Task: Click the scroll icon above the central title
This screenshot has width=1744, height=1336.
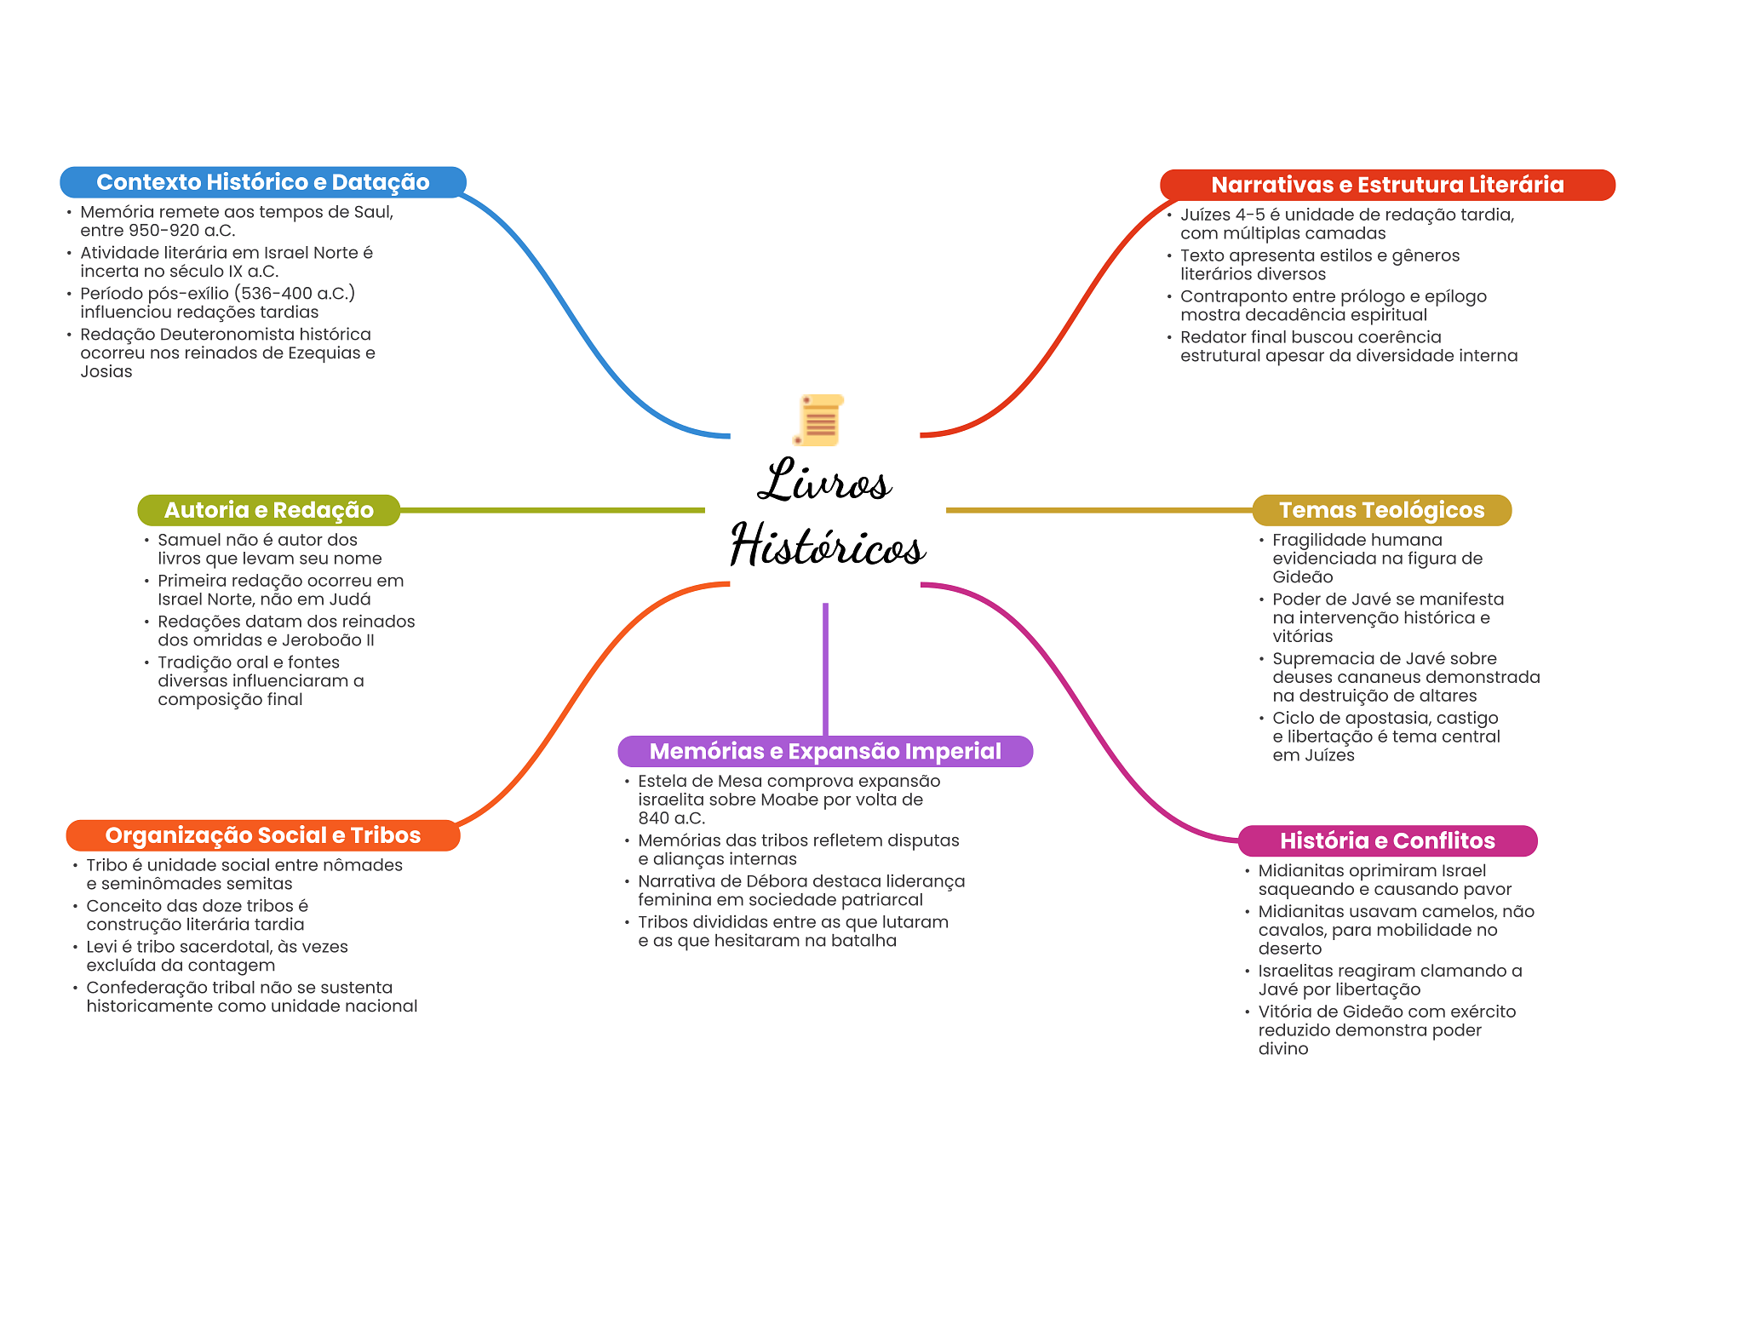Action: [819, 420]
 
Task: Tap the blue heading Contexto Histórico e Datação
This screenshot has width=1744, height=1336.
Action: [263, 182]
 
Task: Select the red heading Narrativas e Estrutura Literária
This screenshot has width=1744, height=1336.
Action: [1387, 185]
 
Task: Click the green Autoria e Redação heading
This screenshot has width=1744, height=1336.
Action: [268, 510]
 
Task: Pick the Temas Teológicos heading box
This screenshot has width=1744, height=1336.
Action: [1381, 510]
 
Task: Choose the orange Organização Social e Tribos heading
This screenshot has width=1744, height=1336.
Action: [263, 835]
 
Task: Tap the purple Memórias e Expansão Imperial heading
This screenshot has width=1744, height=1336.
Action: [825, 751]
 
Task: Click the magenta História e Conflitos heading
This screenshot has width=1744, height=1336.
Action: [1387, 840]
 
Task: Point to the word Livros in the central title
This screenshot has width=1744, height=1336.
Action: [824, 481]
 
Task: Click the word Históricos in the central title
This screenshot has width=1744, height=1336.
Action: [828, 545]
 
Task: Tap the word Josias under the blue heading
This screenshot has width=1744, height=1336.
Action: [106, 372]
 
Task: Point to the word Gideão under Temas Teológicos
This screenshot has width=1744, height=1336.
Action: [1303, 577]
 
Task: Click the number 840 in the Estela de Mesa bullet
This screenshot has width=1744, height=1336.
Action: [654, 818]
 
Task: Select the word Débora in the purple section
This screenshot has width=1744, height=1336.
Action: [773, 881]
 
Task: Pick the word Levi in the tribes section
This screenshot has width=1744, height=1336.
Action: [102, 947]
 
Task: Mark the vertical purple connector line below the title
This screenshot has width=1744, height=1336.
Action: [825, 669]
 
